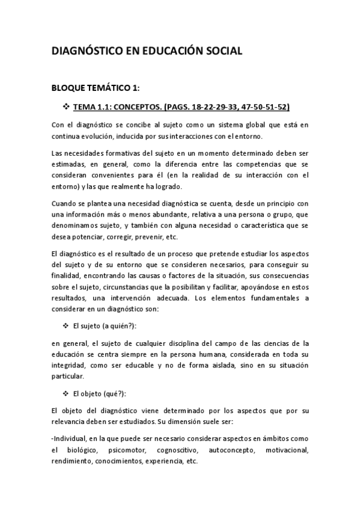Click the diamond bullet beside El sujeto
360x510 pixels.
coord(67,326)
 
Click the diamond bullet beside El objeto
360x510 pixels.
coord(67,394)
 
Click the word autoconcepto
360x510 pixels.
coord(230,450)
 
